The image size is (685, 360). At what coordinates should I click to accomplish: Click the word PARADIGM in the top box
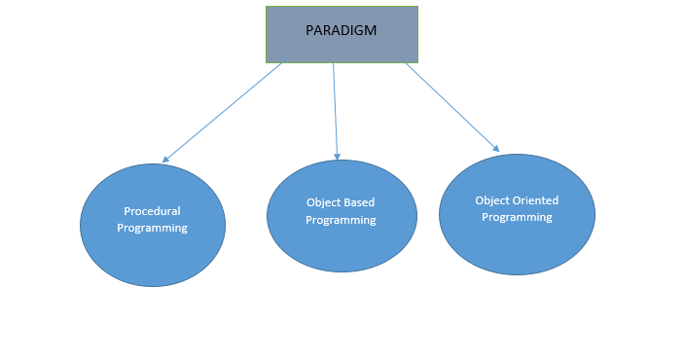coord(342,29)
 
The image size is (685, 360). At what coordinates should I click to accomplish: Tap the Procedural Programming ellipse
coord(152,253)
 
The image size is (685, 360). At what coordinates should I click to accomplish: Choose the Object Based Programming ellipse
coord(342,243)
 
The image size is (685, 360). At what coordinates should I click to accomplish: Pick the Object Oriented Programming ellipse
coord(517,243)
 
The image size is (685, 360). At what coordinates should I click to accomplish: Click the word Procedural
coord(152,211)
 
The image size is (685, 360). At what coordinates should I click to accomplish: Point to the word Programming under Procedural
coord(152,228)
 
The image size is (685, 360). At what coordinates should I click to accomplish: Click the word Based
coord(359,203)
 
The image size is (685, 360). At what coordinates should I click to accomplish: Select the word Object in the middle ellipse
coord(323,203)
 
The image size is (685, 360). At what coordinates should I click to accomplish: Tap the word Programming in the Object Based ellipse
coord(341,220)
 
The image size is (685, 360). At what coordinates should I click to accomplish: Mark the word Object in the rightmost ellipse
coord(492,200)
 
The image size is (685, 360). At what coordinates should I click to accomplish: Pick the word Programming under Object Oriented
coord(517,217)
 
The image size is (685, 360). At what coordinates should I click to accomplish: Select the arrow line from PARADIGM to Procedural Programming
coord(224,111)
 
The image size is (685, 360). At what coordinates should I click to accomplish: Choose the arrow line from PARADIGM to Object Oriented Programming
coord(452,107)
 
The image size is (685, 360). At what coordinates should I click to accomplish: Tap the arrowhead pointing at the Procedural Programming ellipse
coord(166,159)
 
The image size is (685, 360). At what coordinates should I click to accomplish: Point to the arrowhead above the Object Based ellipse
coord(338,155)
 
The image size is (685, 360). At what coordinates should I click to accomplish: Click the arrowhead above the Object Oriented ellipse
coord(495,148)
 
